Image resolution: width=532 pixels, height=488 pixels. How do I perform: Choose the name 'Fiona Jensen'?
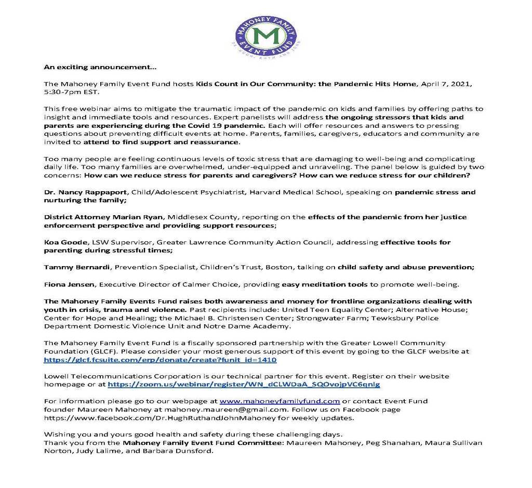(70, 284)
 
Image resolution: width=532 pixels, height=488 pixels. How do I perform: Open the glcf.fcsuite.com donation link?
(160, 360)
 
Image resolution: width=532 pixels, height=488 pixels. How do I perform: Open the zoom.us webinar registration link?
(244, 385)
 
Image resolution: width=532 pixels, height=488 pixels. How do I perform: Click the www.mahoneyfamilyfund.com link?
(280, 401)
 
